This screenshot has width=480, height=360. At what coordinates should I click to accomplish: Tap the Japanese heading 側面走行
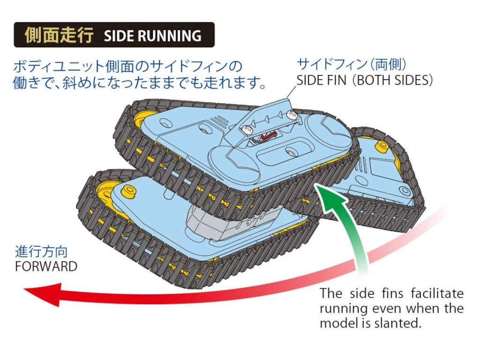[59, 35]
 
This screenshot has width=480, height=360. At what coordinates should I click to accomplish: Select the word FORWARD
[46, 266]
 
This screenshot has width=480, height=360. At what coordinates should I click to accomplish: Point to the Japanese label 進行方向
[41, 252]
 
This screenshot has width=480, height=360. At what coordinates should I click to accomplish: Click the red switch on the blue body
[269, 135]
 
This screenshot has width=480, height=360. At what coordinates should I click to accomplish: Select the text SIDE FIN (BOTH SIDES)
[364, 80]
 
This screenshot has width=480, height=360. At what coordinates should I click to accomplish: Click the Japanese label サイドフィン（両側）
[352, 64]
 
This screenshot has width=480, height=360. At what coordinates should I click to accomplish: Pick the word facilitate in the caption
[437, 293]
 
